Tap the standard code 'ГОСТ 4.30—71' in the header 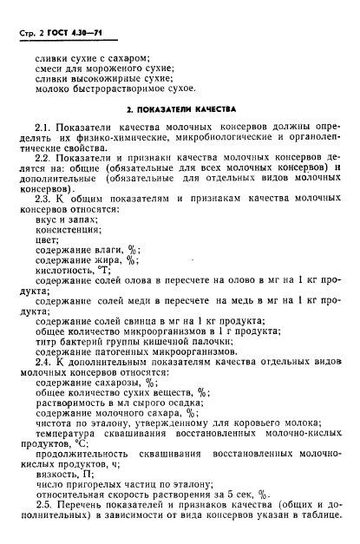click(80, 34)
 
